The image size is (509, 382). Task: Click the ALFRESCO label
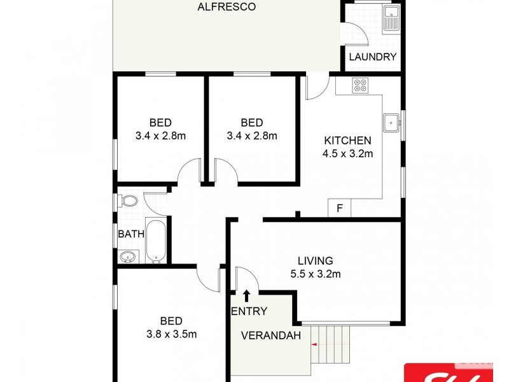(227, 6)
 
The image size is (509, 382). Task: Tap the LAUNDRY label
(373, 57)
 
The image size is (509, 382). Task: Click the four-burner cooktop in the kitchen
(360, 85)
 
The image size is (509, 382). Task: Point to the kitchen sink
(391, 123)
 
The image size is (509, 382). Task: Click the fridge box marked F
(340, 208)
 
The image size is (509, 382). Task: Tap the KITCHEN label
(347, 140)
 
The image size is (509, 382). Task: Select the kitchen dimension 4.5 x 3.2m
(347, 153)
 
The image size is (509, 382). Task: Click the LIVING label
(316, 260)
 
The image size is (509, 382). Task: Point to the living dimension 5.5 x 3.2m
(316, 274)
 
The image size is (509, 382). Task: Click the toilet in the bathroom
(128, 201)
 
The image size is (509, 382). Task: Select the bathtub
(156, 241)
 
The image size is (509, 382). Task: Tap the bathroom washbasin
(128, 257)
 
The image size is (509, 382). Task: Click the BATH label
(131, 234)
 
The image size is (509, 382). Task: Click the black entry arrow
(246, 295)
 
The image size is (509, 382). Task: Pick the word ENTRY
(249, 311)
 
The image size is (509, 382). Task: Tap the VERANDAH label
(271, 336)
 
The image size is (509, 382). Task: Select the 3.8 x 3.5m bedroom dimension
(171, 334)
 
